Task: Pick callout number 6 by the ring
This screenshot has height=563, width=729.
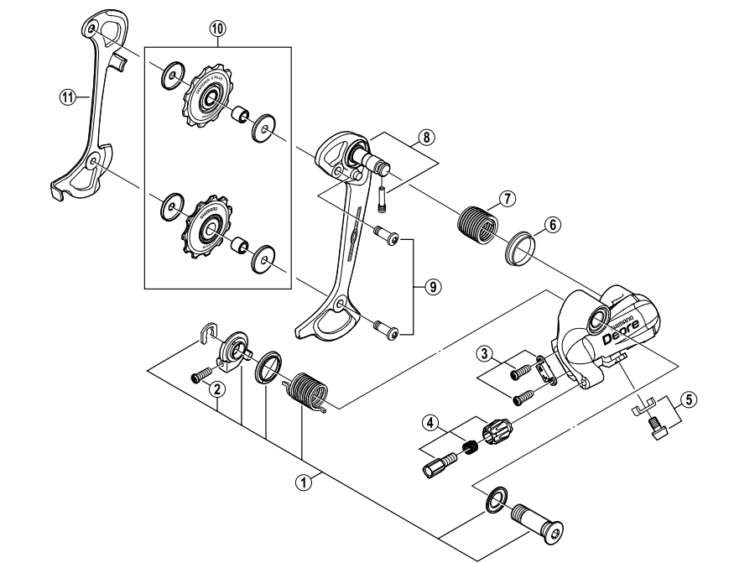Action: (x=551, y=224)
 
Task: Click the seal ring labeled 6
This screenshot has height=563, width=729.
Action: (x=518, y=249)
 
